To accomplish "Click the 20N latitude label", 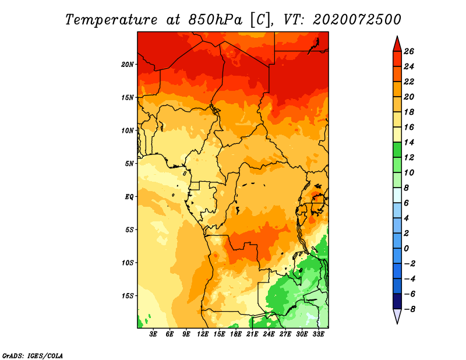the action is click(127, 65).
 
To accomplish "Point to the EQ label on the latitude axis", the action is click(129, 197).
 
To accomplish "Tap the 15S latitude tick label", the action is click(127, 296).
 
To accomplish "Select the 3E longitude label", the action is click(153, 334).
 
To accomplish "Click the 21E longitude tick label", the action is click(252, 334).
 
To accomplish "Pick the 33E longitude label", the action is click(318, 334).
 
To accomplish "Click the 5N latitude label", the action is click(129, 164).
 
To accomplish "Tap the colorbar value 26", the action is click(409, 51).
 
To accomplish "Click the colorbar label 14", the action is click(409, 142).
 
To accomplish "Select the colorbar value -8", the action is click(409, 309).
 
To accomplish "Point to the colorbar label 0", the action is click(406, 249).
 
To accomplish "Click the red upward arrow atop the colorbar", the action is click(397, 44).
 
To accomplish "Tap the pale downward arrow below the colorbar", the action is click(397, 316).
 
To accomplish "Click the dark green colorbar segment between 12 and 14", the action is click(397, 150).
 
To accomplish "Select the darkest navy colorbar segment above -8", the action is click(397, 301).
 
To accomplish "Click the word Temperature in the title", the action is click(111, 20).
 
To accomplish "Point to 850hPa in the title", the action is click(215, 20).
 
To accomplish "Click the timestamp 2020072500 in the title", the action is click(356, 20).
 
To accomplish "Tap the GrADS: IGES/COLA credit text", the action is click(33, 356).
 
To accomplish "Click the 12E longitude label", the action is click(202, 334).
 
